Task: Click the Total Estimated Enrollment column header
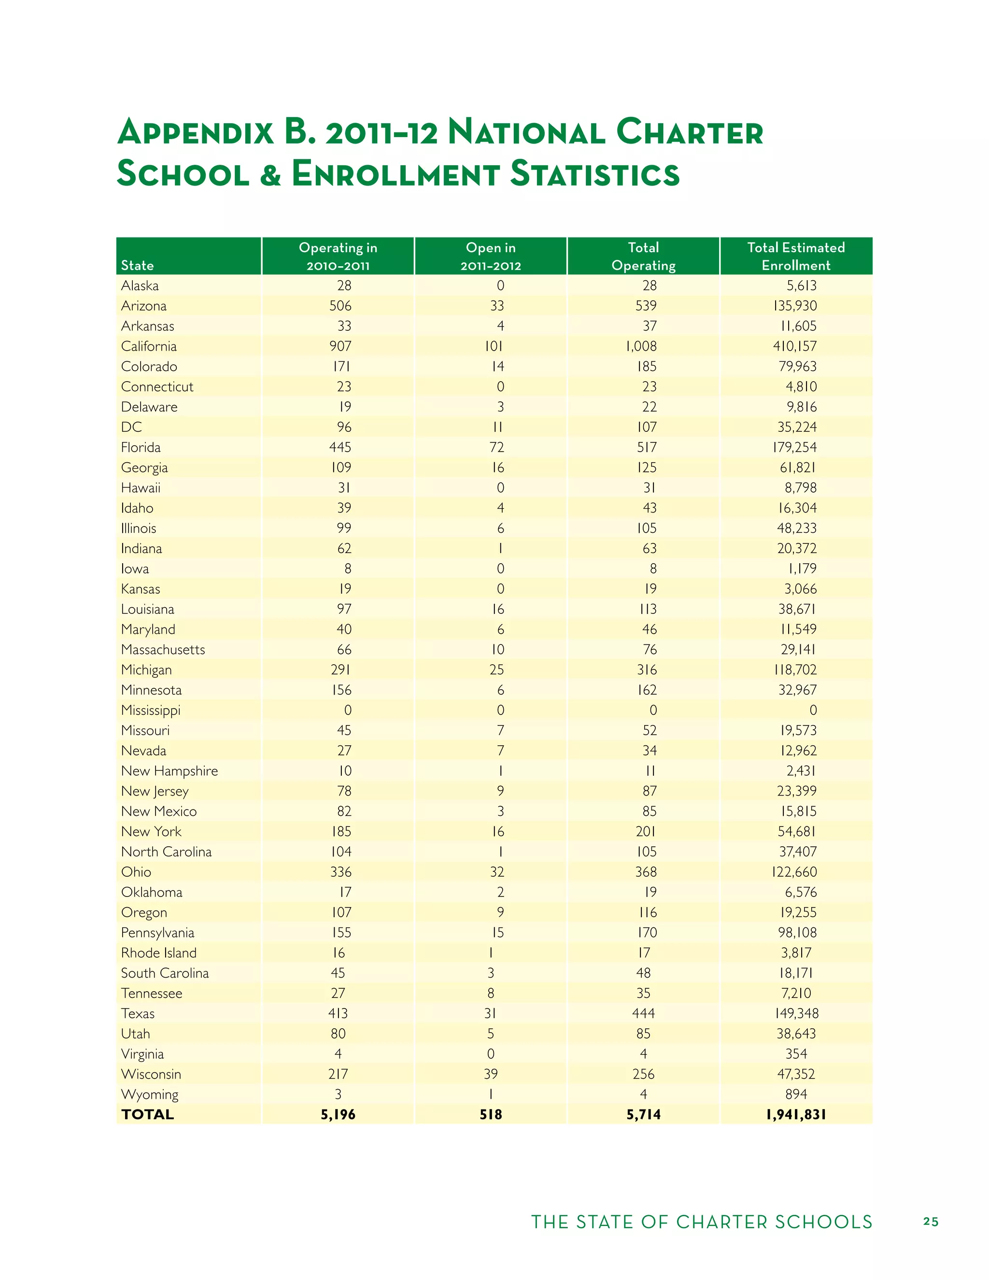coord(796,256)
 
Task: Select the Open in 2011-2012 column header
coord(491,256)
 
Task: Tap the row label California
coord(149,346)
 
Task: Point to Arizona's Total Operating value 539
coord(646,306)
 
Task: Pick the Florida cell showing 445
coord(340,447)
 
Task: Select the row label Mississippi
coord(151,711)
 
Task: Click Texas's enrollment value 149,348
coord(796,1013)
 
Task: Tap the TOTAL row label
coord(148,1115)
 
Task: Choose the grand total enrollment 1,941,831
coord(796,1115)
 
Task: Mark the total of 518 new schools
coord(491,1115)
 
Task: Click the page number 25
coord(931,1222)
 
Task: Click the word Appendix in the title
coord(196,132)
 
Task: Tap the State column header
coord(137,266)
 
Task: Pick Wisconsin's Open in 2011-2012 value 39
coord(491,1074)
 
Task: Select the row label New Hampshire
coord(170,771)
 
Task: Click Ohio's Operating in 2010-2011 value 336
coord(340,872)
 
